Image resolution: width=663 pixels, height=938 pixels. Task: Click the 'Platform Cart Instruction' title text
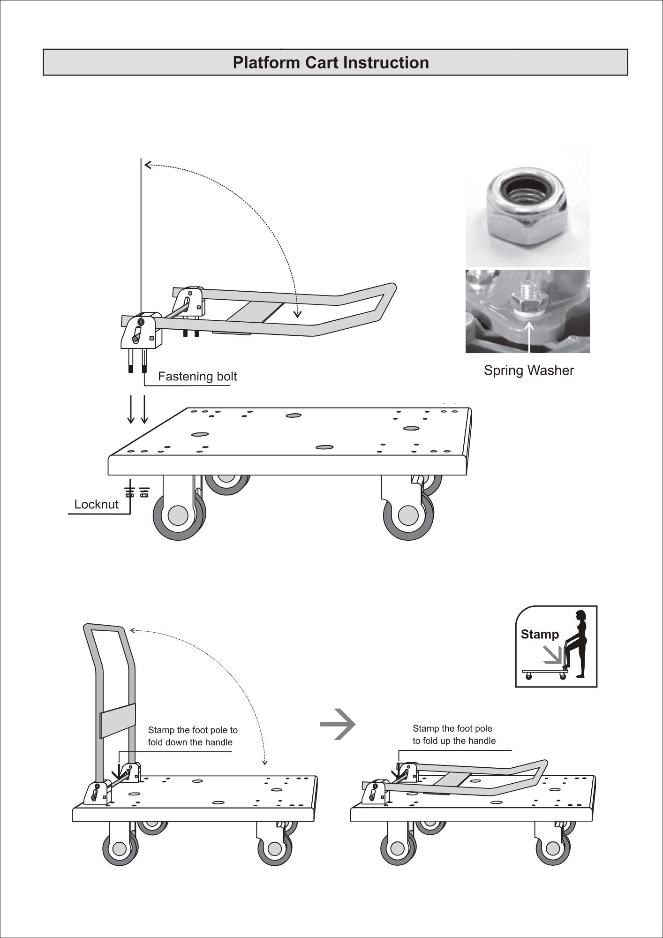click(x=331, y=63)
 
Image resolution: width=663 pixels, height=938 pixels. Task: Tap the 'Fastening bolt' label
click(x=197, y=377)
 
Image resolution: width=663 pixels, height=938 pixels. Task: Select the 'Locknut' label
click(x=96, y=505)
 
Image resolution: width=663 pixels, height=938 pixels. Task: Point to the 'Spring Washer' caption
click(x=528, y=371)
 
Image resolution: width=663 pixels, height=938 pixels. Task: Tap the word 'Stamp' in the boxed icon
click(x=540, y=635)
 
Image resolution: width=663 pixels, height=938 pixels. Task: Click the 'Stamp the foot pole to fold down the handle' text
click(x=192, y=736)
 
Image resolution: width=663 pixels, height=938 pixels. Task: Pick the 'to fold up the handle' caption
click(x=453, y=741)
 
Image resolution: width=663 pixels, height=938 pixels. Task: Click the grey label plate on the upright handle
click(x=118, y=719)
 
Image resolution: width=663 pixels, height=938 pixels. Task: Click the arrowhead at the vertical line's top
click(x=148, y=165)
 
